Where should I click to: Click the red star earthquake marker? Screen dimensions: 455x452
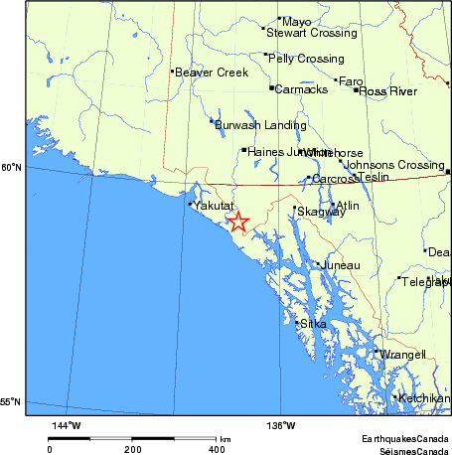point(238,222)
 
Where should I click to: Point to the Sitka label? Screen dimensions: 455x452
point(313,325)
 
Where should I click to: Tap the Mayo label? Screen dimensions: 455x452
point(296,22)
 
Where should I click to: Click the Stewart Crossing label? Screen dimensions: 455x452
point(311,33)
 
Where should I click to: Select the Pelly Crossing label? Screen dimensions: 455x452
point(307,59)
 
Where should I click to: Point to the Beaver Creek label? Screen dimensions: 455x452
point(211,73)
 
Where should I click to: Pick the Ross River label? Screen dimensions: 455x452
point(387,91)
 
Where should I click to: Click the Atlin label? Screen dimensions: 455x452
point(346,207)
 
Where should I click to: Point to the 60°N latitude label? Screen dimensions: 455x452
point(11,168)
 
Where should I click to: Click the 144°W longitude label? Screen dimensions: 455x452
point(66,425)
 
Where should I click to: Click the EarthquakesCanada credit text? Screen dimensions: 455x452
point(404,438)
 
